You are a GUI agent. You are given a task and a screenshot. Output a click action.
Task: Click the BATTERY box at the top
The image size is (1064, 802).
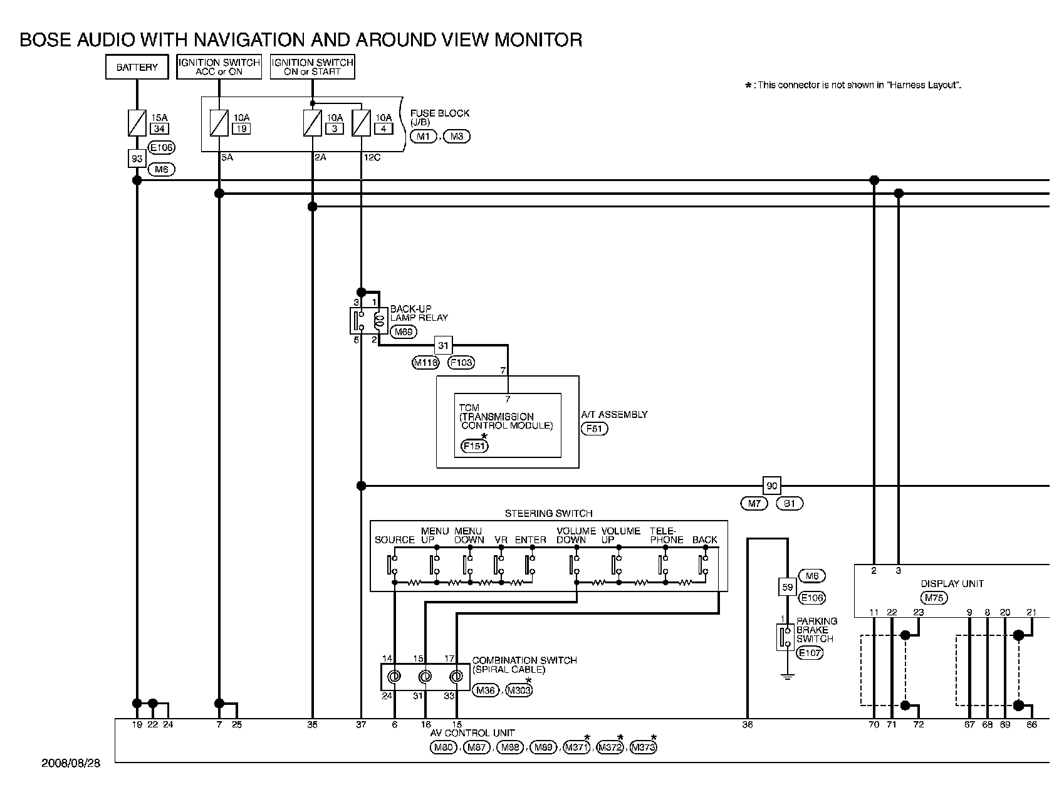click(x=137, y=68)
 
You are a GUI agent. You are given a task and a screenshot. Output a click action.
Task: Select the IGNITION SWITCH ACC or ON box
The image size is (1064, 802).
click(x=219, y=67)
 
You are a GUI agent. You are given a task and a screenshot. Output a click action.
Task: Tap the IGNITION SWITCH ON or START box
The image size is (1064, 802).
click(x=312, y=67)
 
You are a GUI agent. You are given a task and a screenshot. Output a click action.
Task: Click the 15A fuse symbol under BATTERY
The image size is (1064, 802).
click(x=137, y=122)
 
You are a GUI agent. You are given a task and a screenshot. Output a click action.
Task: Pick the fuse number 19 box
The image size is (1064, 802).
click(x=241, y=129)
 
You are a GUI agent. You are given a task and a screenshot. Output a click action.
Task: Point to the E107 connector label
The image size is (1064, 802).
click(x=810, y=652)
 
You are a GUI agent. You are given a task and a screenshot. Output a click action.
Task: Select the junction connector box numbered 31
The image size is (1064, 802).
click(x=444, y=345)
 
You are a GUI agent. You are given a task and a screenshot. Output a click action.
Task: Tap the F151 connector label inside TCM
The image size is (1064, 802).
click(x=474, y=446)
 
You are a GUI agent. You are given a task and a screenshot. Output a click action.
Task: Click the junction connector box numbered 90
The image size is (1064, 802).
click(x=772, y=486)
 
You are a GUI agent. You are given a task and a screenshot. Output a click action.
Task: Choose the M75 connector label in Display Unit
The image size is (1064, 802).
click(x=934, y=598)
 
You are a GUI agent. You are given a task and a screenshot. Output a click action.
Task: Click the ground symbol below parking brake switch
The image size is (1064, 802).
click(x=788, y=676)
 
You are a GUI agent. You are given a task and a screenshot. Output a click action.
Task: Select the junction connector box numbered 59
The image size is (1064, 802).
click(x=788, y=588)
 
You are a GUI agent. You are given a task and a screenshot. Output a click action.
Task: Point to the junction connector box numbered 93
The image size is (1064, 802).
click(x=137, y=159)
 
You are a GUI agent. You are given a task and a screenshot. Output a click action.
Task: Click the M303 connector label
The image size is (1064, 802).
click(x=519, y=690)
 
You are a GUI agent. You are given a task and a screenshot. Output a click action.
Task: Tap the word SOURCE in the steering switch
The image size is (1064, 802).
click(x=395, y=540)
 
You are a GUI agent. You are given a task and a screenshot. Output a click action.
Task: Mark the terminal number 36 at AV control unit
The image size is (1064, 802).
click(x=747, y=725)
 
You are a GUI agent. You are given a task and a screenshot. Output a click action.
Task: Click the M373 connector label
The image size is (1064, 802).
click(x=643, y=747)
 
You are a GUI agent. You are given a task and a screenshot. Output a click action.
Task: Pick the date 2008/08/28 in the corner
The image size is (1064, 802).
click(x=70, y=763)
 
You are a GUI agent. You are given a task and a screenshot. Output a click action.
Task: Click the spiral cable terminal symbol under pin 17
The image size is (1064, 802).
click(x=457, y=677)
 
